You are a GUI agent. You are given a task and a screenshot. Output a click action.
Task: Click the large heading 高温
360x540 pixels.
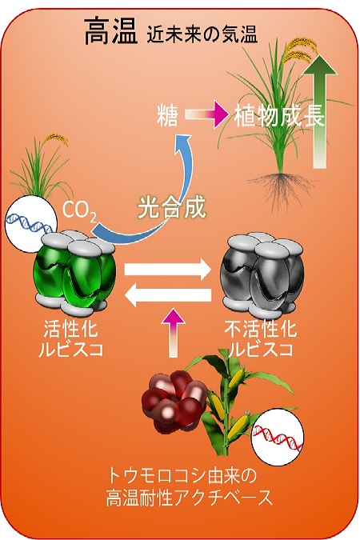pyautogui.click(x=110, y=32)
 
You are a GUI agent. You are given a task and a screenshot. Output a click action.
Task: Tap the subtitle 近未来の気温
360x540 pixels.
pyautogui.click(x=202, y=35)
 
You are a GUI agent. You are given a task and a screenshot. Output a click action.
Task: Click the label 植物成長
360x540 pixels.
pyautogui.click(x=279, y=116)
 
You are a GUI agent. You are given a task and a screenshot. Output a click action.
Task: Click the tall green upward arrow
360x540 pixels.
pyautogui.click(x=320, y=110)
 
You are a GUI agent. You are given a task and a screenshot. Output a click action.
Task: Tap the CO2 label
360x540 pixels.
pyautogui.click(x=79, y=210)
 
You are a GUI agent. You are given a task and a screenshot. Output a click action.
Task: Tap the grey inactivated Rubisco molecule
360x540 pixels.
pyautogui.click(x=262, y=274)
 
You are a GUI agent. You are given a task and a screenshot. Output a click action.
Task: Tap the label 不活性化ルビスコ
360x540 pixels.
pyautogui.click(x=261, y=339)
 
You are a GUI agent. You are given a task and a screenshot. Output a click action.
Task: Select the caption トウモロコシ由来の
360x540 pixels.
pyautogui.click(x=182, y=476)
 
